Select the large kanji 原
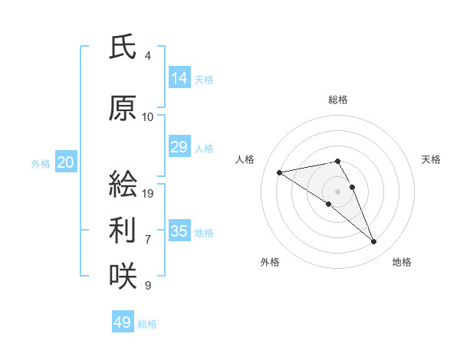click(x=123, y=109)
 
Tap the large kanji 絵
click(x=123, y=185)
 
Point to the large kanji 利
click(x=123, y=231)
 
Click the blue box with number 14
click(x=179, y=78)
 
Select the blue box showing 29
click(x=179, y=147)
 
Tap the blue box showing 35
click(x=179, y=231)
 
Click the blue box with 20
click(x=65, y=162)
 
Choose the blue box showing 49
click(x=123, y=322)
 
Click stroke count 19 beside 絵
click(x=148, y=194)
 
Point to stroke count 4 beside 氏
click(x=147, y=56)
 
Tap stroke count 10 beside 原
click(x=148, y=117)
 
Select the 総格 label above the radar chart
click(x=337, y=100)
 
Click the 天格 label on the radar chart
click(x=431, y=159)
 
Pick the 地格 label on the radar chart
click(x=402, y=262)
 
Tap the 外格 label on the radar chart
click(x=270, y=262)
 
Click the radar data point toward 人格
click(x=280, y=172)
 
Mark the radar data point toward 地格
click(x=374, y=242)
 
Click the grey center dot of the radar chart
click(x=337, y=191)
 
